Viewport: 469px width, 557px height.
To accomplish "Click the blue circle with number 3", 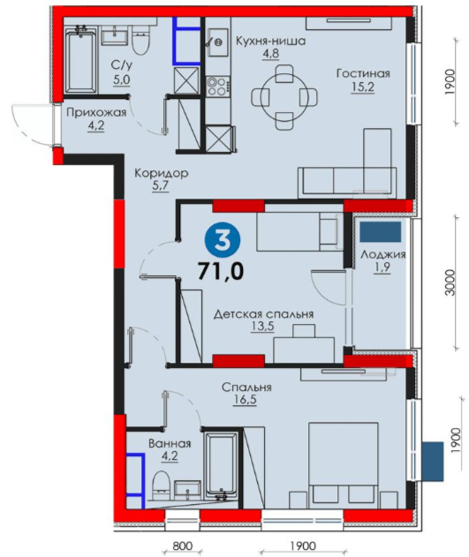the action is (223, 241).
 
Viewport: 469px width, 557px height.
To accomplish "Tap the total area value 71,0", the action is (221, 271).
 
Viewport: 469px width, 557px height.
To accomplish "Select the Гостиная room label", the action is (363, 73).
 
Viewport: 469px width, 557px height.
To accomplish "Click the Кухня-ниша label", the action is (271, 41).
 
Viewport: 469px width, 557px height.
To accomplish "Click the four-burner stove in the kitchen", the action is (218, 87).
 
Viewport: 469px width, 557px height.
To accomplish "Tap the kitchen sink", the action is (218, 42).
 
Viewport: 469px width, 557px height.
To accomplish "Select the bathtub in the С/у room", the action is (81, 61).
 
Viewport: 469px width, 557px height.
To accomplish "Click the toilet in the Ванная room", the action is (161, 485).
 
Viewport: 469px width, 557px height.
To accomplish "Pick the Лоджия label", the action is (383, 255).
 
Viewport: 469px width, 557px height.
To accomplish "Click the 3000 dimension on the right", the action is (450, 282).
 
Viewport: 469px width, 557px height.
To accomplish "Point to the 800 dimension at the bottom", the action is (182, 546).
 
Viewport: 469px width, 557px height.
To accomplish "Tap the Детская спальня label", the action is (263, 314).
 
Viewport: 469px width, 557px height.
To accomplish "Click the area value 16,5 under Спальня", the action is (245, 401).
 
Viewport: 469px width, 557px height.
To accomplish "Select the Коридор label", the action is (162, 173).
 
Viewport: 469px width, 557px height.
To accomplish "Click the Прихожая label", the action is (96, 113).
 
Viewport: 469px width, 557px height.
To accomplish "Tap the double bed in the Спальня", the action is (344, 465).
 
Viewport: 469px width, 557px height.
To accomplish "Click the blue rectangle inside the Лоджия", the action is (380, 232).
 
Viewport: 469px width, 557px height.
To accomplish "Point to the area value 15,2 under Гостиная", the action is (363, 87).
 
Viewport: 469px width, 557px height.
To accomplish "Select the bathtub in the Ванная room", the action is (222, 464).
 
